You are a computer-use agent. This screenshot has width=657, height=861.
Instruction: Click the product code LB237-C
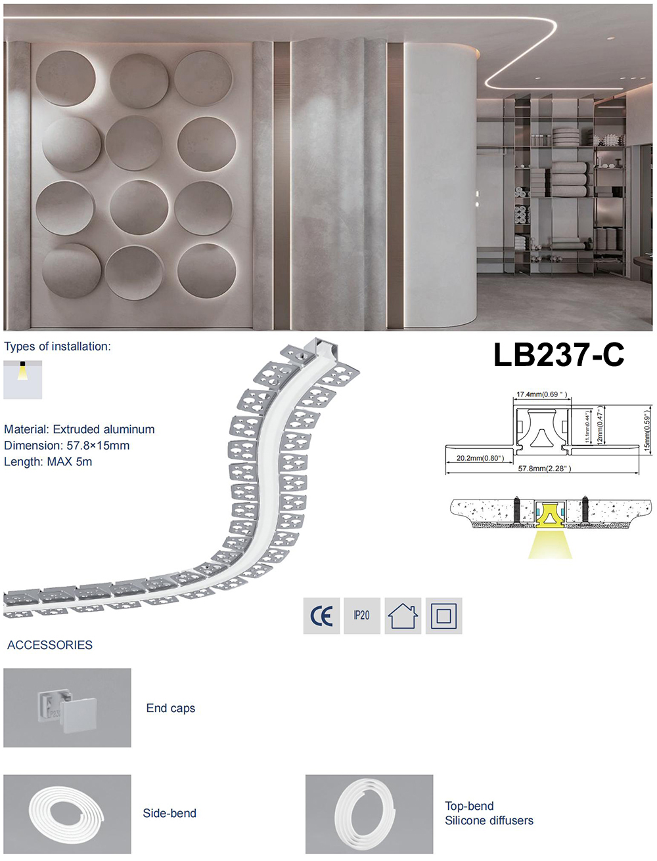click(558, 355)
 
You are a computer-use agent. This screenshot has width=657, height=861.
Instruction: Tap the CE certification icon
click(321, 616)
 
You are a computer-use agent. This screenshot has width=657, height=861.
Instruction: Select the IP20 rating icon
click(361, 616)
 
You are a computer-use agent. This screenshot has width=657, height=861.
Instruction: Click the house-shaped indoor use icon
click(402, 616)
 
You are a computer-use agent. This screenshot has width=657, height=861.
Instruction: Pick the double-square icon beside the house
click(443, 616)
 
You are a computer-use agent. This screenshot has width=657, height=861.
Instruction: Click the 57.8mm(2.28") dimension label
click(544, 469)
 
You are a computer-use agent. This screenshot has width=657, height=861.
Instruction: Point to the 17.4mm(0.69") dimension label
click(541, 394)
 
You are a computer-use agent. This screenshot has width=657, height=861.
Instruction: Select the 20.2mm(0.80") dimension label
click(480, 458)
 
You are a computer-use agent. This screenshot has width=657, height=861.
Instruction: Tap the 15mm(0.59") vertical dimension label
click(646, 430)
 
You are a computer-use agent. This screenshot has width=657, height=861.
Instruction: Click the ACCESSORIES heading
click(50, 645)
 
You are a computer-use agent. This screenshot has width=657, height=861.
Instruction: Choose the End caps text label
click(171, 708)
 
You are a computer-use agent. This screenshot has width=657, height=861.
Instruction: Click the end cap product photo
click(67, 707)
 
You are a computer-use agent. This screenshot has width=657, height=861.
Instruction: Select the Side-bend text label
click(170, 813)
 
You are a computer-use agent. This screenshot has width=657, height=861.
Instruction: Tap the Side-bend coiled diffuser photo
click(67, 814)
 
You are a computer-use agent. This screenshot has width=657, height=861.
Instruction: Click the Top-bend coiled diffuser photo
click(369, 814)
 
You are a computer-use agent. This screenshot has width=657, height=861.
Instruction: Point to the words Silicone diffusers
click(489, 820)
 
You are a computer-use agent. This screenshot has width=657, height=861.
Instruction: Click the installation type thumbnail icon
click(22, 379)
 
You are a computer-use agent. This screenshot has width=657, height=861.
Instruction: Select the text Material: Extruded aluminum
click(79, 429)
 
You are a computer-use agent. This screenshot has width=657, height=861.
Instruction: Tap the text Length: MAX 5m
click(48, 461)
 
